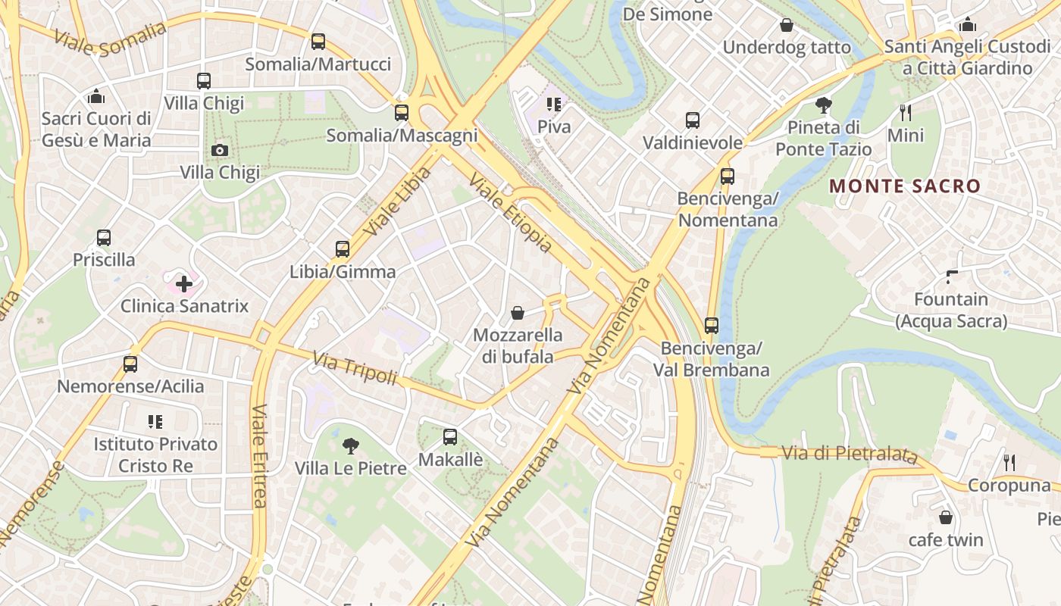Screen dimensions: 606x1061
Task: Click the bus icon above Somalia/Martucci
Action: [x=318, y=42]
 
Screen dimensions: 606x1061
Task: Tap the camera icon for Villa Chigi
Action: [x=220, y=150]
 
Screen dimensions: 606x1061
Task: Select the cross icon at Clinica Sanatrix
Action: [x=183, y=284]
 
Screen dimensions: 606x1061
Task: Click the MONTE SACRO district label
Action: [x=905, y=186]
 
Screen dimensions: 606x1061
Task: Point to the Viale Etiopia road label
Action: [x=510, y=213]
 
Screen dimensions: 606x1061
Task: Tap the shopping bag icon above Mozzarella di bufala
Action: [x=518, y=313]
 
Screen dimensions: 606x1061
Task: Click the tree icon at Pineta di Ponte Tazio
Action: [x=824, y=105]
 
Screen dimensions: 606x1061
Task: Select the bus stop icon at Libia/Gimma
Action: [x=343, y=249]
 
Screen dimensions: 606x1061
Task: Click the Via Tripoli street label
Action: [x=355, y=367]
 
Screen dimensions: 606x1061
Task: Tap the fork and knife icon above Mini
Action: [x=906, y=113]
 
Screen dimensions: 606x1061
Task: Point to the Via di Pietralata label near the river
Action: [x=849, y=454]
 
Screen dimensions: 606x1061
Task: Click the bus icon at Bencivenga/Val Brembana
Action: [x=711, y=326]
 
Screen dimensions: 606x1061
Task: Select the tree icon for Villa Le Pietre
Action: [x=350, y=446]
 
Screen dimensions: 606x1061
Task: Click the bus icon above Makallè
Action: [x=450, y=437]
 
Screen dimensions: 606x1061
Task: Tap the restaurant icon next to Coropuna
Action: [x=1009, y=463]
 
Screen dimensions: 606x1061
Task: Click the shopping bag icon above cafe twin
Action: [x=946, y=517]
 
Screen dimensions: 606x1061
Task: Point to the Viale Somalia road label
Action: [x=111, y=38]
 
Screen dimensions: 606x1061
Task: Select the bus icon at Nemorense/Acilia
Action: [x=130, y=364]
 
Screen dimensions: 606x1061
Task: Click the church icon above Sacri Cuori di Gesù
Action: [x=96, y=96]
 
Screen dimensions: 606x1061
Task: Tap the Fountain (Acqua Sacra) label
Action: [x=951, y=311]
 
